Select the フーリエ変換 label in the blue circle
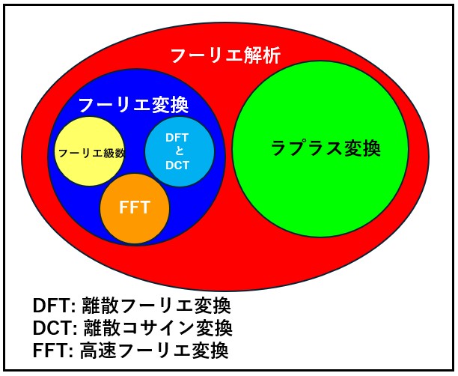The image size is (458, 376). pyautogui.click(x=132, y=104)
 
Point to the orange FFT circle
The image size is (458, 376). pyautogui.click(x=135, y=209)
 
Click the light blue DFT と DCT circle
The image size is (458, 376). pyautogui.click(x=179, y=153)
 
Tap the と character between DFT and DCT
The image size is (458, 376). pyautogui.click(x=178, y=152)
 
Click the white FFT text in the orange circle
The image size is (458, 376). pyautogui.click(x=135, y=208)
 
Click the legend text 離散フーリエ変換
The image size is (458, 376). pyautogui.click(x=153, y=306)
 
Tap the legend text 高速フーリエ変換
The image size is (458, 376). pyautogui.click(x=152, y=350)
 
